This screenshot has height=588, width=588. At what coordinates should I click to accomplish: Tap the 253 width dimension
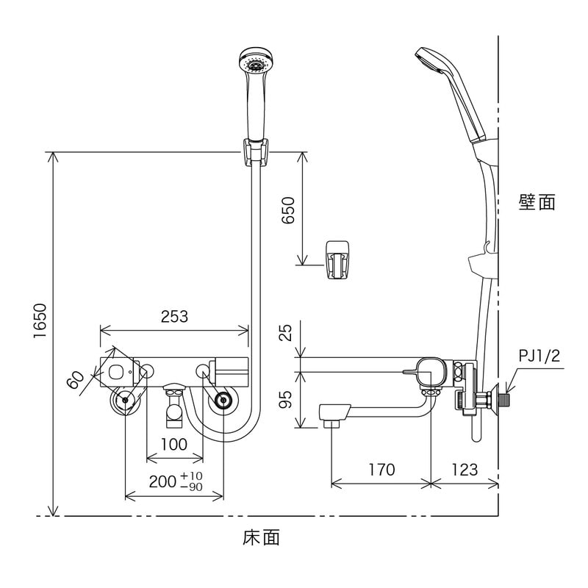tap(173, 317)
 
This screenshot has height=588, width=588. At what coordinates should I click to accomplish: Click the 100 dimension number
tap(173, 445)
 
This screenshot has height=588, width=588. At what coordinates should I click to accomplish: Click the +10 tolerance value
tap(192, 476)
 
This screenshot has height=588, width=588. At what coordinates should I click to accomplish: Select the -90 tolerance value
tap(191, 487)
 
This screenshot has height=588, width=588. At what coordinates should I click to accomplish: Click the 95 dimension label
tap(288, 399)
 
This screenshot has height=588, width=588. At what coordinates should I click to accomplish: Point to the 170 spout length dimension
tap(380, 469)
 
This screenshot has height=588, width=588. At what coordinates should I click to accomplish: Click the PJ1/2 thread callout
tap(539, 356)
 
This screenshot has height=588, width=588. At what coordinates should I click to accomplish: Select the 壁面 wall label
tap(537, 202)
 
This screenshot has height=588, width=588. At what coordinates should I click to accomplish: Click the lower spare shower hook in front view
tap(337, 259)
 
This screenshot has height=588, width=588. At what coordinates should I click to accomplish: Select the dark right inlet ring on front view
tap(223, 401)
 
